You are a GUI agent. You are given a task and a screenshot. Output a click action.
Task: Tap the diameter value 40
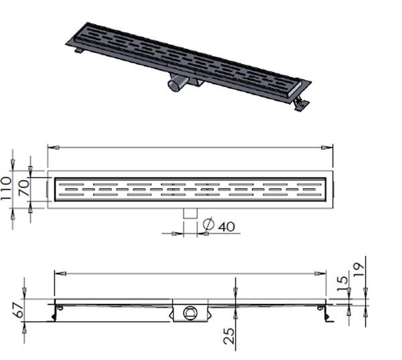(x=226, y=227)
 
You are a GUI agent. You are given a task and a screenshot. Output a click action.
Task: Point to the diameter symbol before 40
(x=208, y=227)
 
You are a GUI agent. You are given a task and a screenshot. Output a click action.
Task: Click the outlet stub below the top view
(x=190, y=213)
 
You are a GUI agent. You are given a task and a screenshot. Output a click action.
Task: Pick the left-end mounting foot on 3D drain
(x=80, y=52)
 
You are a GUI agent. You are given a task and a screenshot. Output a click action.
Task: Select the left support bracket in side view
(x=56, y=311)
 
